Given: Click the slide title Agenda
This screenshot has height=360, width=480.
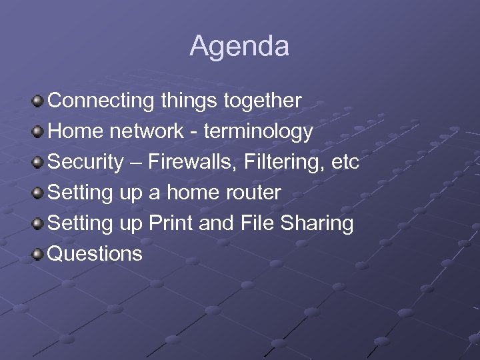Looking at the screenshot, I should [x=239, y=47].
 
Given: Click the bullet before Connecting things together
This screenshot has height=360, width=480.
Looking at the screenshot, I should [x=39, y=101].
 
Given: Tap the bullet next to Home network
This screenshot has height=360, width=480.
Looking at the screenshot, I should [x=39, y=132].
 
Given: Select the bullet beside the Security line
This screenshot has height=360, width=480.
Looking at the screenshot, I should [x=39, y=163].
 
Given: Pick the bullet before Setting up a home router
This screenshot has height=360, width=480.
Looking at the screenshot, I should [x=39, y=193].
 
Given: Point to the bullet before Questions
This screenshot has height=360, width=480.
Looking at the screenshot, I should [x=39, y=254].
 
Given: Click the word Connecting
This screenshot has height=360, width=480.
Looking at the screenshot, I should [x=101, y=101].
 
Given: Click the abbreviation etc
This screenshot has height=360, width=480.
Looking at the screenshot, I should [x=345, y=162].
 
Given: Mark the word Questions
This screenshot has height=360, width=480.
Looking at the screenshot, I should [x=95, y=254].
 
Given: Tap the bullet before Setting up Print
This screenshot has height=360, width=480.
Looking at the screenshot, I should [x=39, y=223].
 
